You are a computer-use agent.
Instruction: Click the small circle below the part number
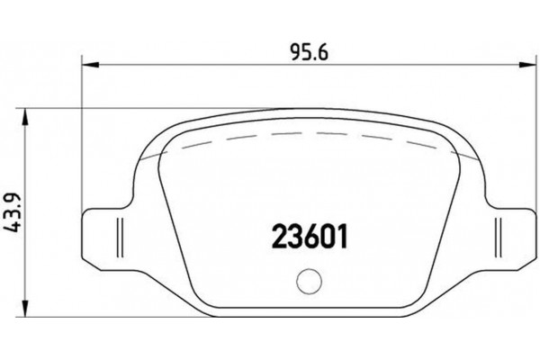point(308,280)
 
